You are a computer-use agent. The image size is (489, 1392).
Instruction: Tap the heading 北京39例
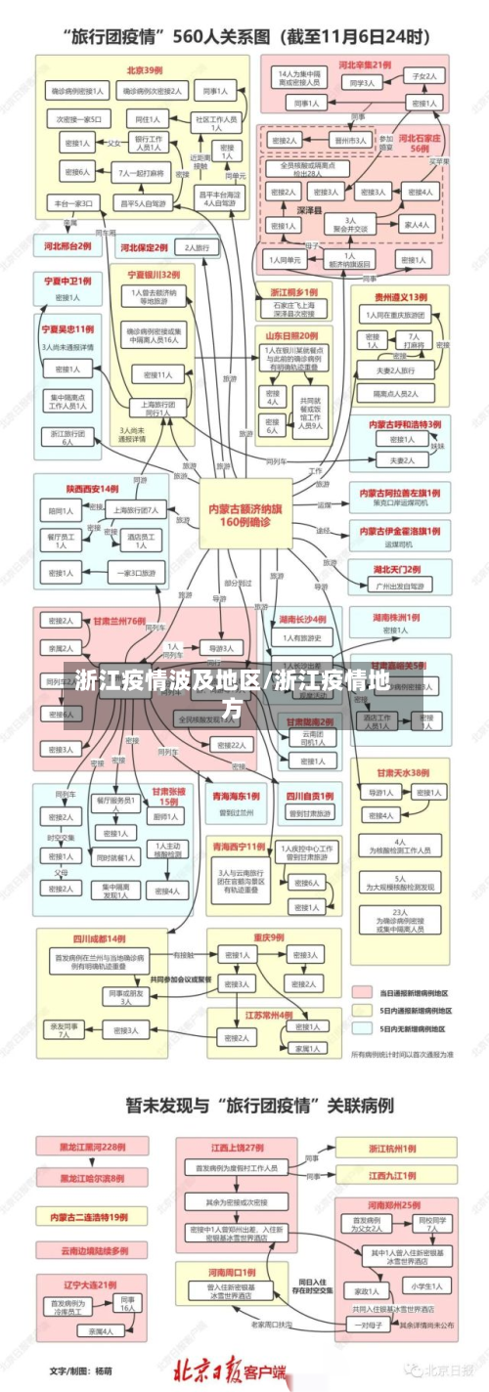(144, 70)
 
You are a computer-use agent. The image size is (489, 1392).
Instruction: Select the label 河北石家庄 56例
(420, 144)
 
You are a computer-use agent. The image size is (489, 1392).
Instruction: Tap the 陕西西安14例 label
(93, 488)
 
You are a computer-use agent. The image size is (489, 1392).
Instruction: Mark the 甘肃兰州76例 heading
(119, 620)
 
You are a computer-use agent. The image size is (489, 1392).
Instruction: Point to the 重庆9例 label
(271, 936)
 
